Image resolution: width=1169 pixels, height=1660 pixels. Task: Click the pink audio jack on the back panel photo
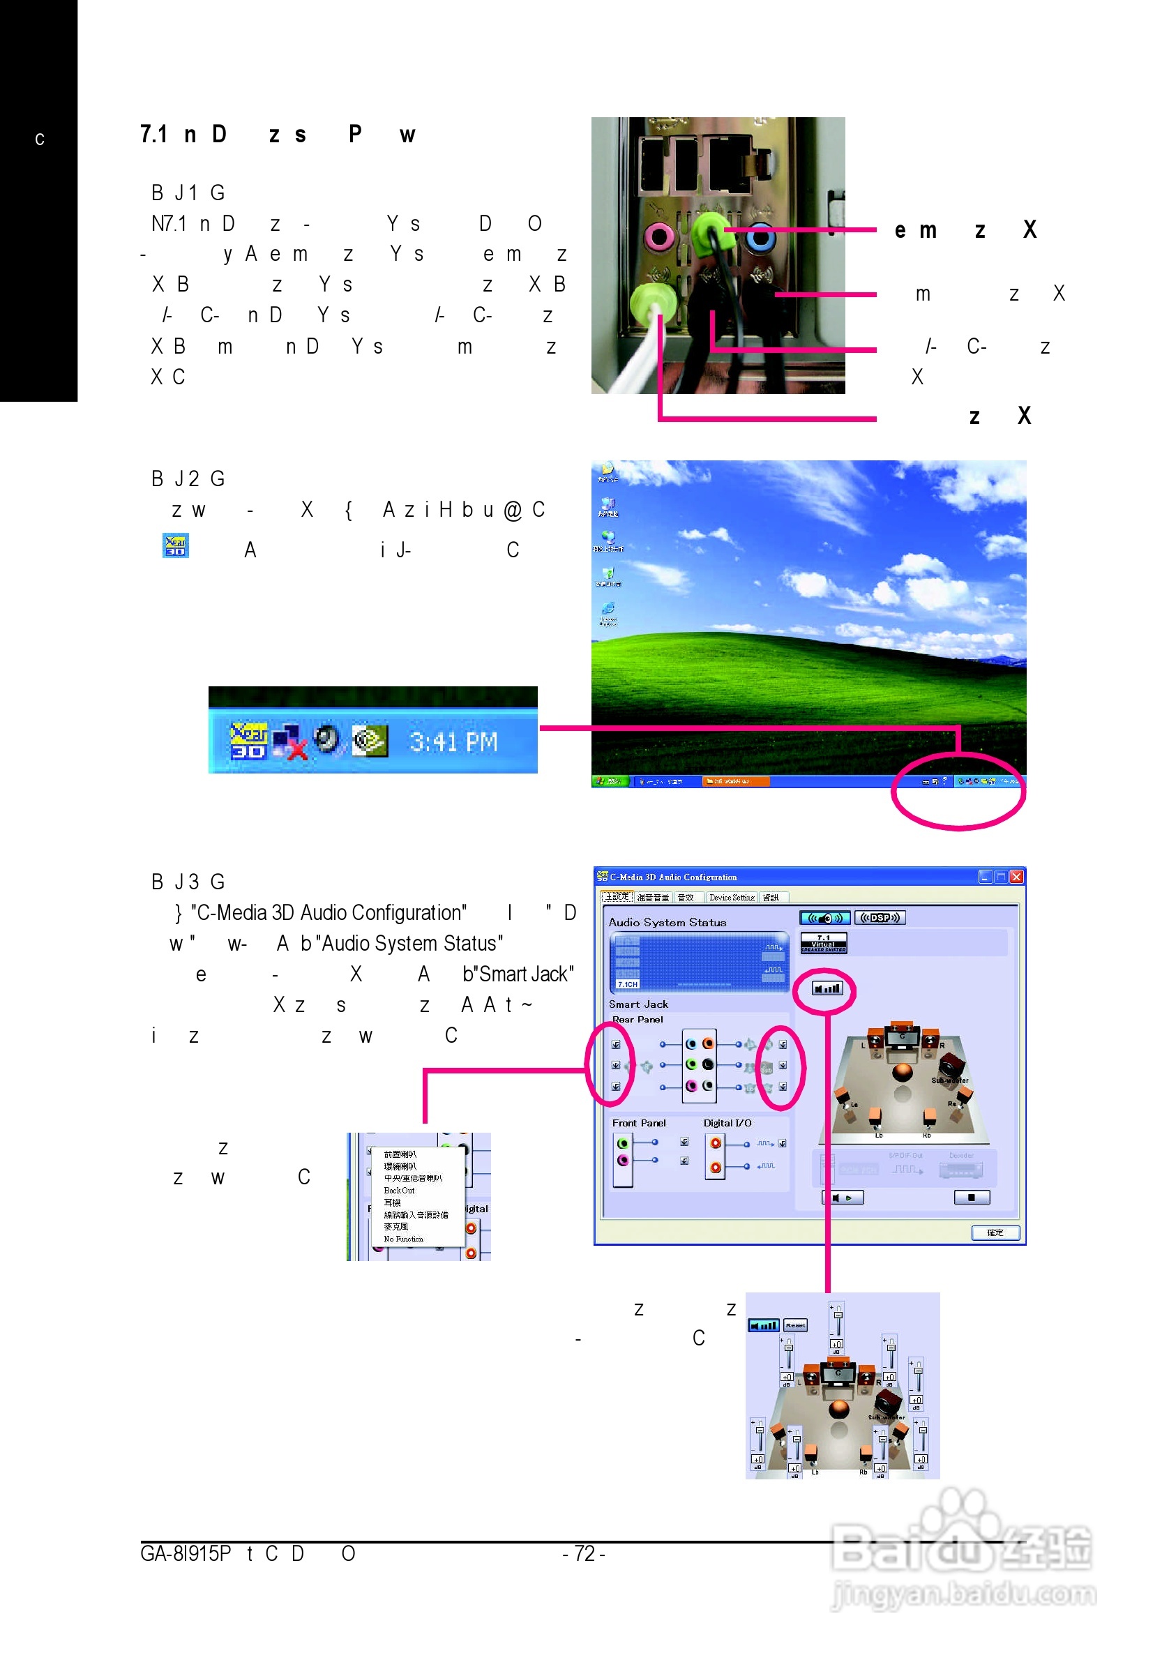tap(658, 236)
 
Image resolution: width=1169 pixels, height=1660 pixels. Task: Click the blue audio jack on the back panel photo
tap(760, 236)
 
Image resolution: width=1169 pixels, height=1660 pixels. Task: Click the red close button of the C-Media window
tap(1016, 877)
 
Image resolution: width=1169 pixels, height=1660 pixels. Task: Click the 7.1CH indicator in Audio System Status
tap(628, 984)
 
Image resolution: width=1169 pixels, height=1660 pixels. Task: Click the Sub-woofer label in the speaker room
tap(949, 1080)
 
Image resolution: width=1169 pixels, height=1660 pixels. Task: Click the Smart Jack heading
tap(638, 1004)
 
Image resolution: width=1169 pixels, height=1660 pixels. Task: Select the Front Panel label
tap(638, 1123)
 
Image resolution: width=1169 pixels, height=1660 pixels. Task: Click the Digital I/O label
tap(727, 1123)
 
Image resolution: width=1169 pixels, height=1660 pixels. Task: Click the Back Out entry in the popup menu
tap(399, 1190)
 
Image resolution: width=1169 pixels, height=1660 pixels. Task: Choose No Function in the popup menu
tap(403, 1239)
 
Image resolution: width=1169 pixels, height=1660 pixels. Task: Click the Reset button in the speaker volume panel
tap(795, 1325)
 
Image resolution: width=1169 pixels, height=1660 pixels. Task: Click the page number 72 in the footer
tap(583, 1554)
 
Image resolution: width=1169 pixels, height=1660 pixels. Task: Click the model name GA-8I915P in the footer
tap(186, 1554)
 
